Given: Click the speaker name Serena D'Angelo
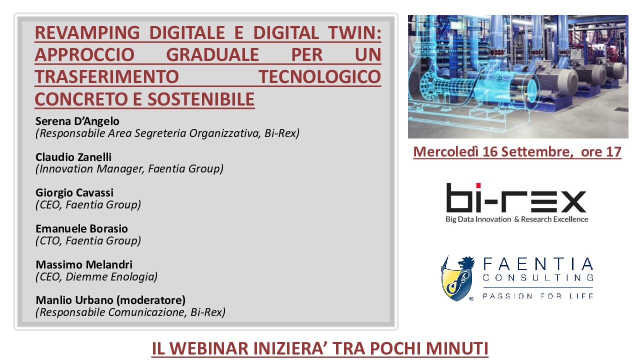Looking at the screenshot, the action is pos(77,121).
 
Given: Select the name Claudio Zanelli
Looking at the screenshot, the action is pos(73,157).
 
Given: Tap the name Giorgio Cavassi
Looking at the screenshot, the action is pos(74,193).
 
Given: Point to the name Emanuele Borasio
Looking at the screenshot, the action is pos(81,228).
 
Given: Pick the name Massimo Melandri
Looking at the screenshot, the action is pos(84,264).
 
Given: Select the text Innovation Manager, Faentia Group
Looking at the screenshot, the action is pos(129,169).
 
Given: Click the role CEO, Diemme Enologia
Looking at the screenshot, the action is pos(96,276).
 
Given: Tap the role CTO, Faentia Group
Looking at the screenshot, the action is pos(88,241).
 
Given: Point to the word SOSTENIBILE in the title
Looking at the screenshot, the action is pos(201,99).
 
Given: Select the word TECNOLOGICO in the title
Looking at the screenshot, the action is pos(319,77).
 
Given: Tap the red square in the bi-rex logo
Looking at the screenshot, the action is pos(478,185).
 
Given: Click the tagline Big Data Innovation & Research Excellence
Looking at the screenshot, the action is pos(517,219).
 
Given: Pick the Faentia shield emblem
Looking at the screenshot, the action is pos(457,278).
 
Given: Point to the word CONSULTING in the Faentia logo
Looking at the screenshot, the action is pos(538,277).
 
